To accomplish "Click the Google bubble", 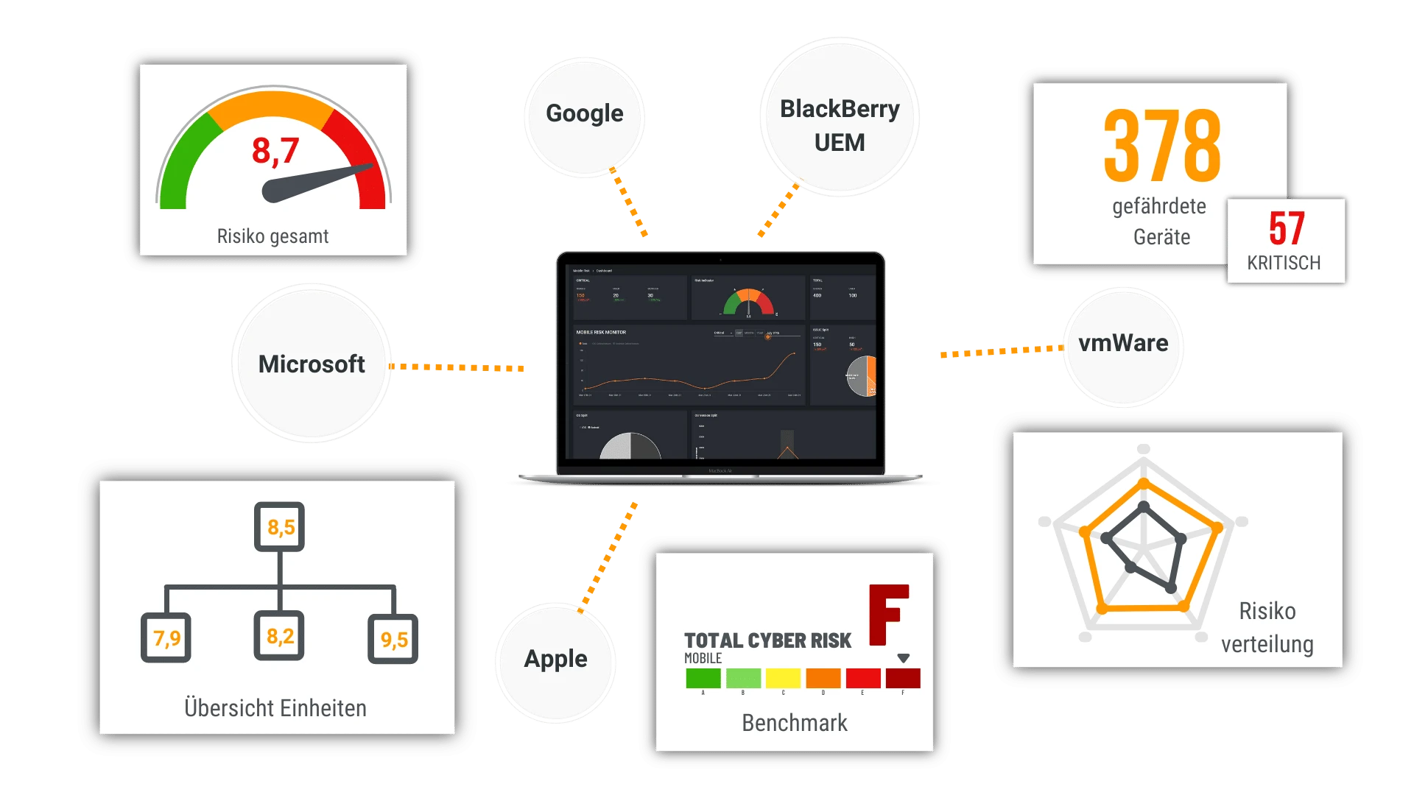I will tap(585, 114).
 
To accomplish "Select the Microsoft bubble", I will tap(312, 364).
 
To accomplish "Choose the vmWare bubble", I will tap(1123, 343).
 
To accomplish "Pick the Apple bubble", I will tap(556, 660).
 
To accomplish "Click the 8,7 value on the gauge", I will tap(275, 151).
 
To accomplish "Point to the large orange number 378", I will tap(1162, 146).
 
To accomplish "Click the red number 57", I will tap(1287, 228).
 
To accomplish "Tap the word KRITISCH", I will tap(1284, 263).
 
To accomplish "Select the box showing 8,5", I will tap(280, 527).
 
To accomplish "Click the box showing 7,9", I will tap(166, 637).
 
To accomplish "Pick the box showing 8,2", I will tap(280, 636).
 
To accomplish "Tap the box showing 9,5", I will tap(393, 639).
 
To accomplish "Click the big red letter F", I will tap(889, 615).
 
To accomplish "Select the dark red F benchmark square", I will tap(903, 678).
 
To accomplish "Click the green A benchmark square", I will tap(703, 678).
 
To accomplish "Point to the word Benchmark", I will tap(795, 723).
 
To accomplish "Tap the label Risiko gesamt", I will tap(272, 236).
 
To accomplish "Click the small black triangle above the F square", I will tap(904, 658).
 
